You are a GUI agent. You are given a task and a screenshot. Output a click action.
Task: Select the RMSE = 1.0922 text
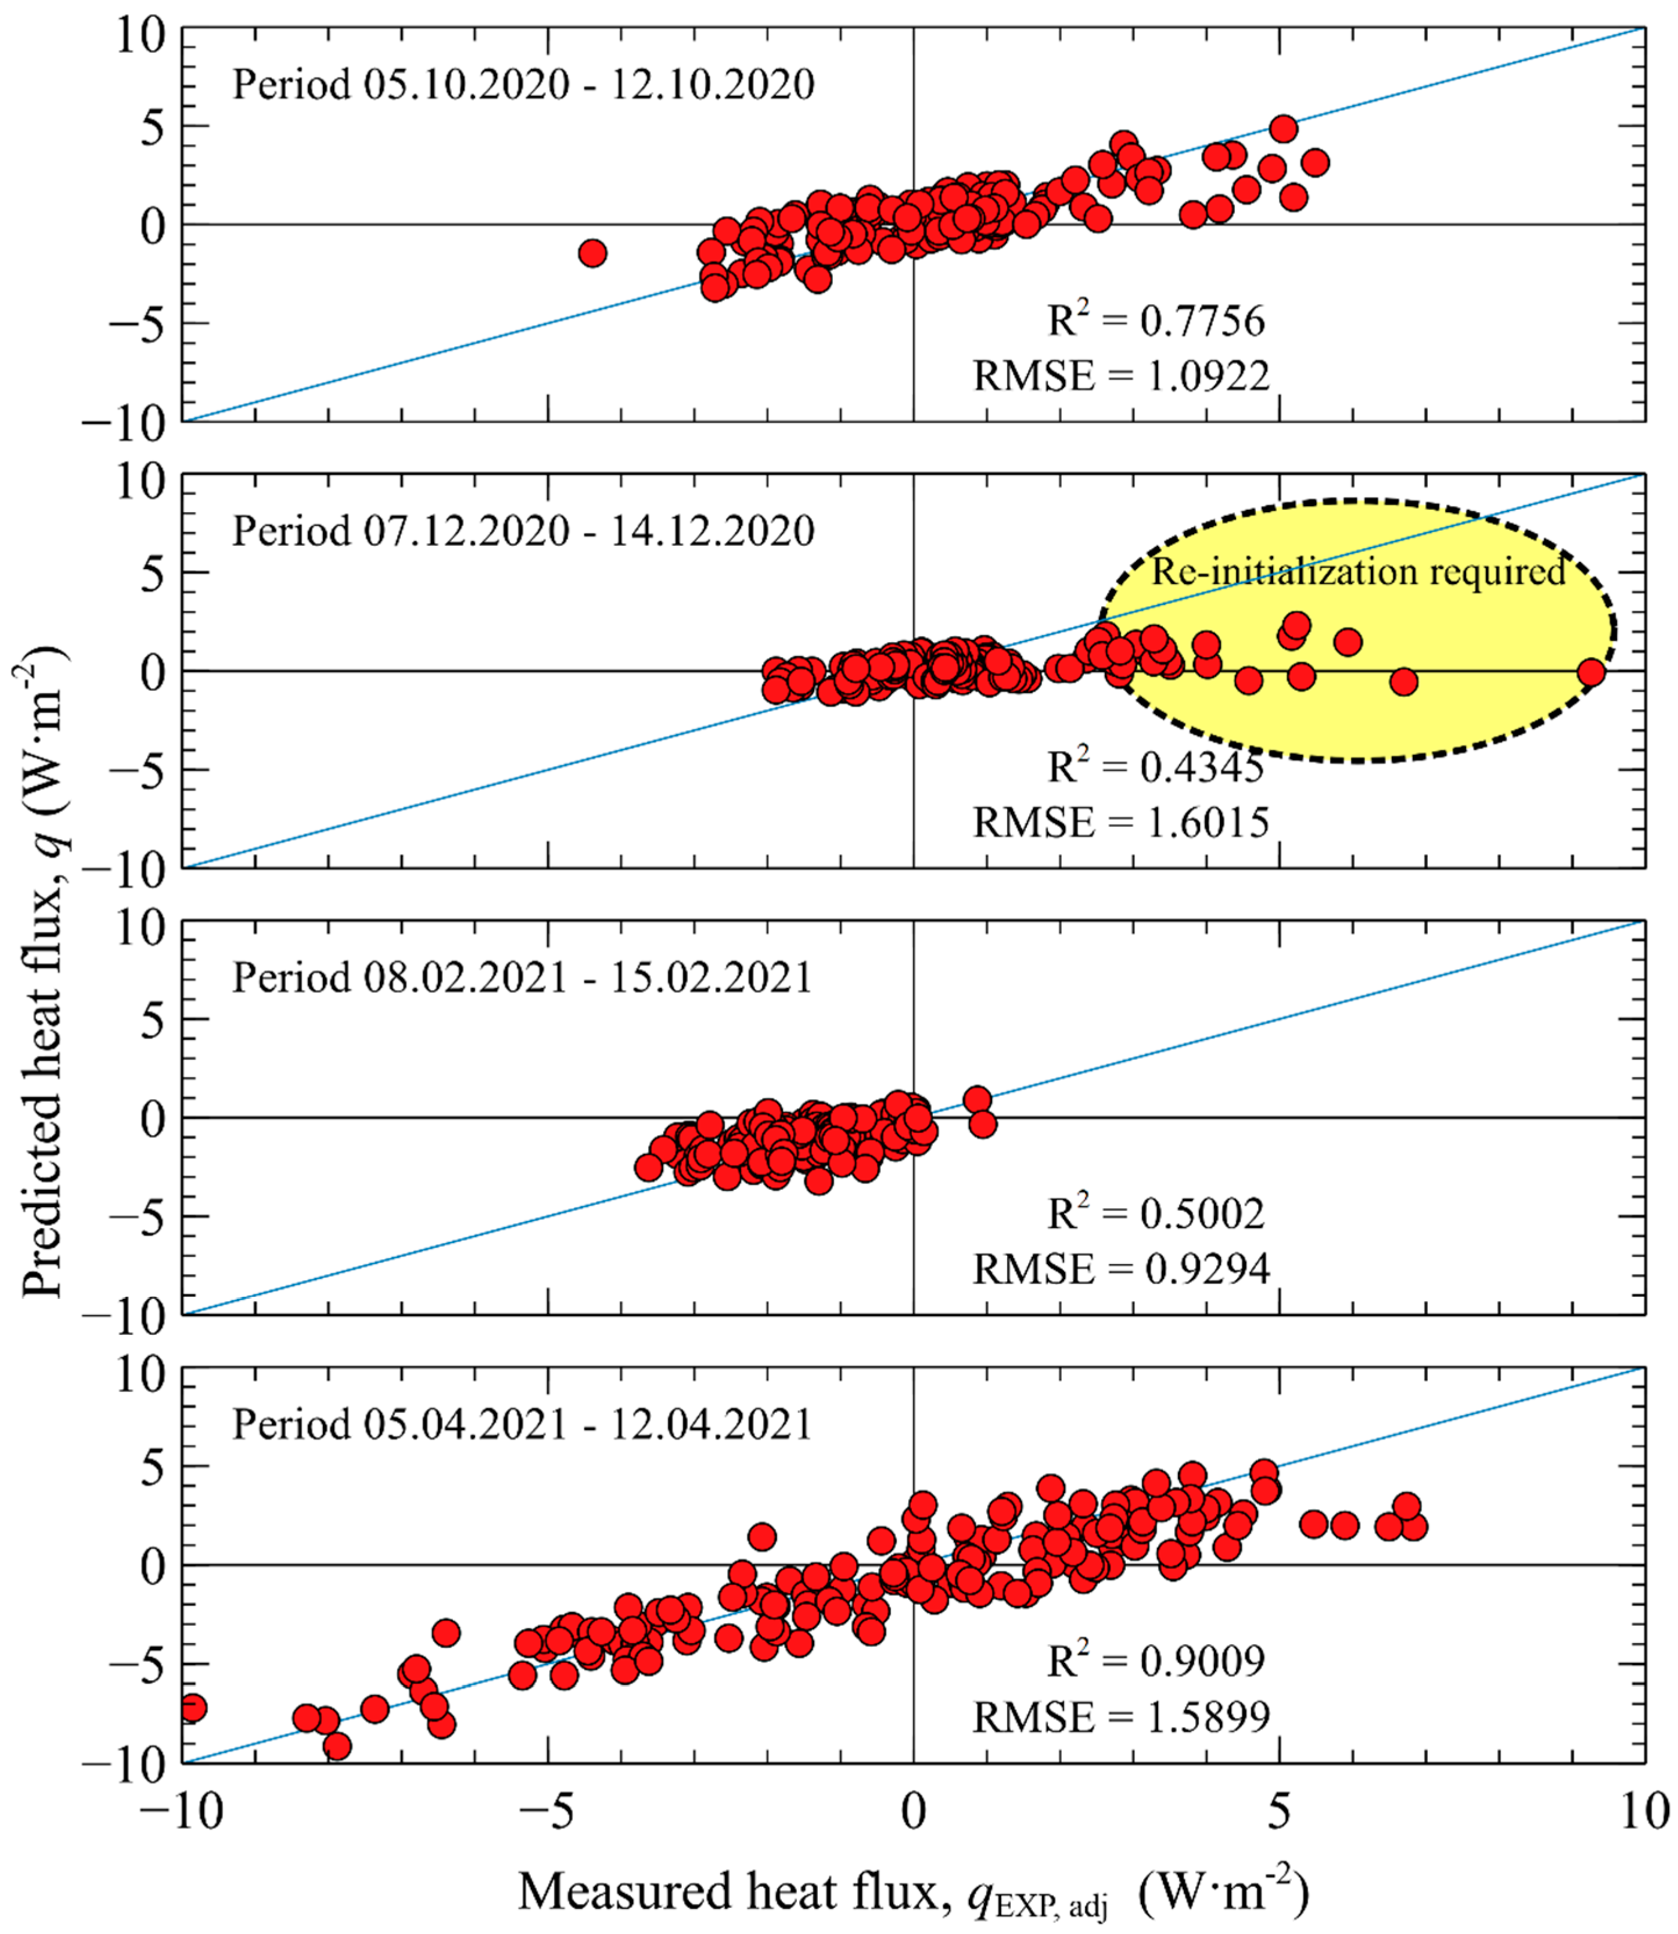pos(1121,376)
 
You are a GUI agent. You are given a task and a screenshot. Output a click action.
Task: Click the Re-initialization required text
pos(1358,571)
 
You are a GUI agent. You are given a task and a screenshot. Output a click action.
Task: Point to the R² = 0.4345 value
pos(1155,768)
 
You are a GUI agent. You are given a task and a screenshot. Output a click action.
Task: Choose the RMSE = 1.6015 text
pos(1121,823)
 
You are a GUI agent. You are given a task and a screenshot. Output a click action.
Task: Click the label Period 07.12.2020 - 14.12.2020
pos(523,532)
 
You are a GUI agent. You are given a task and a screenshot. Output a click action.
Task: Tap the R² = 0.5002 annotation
pos(1155,1214)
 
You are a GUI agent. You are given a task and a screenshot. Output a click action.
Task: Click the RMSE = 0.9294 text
pos(1121,1269)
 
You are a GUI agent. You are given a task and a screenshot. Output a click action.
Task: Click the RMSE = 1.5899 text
pos(1121,1717)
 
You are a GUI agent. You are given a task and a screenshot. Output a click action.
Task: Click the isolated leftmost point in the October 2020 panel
pos(592,253)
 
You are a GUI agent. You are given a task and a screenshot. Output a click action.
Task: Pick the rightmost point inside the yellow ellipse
pos(1591,671)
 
